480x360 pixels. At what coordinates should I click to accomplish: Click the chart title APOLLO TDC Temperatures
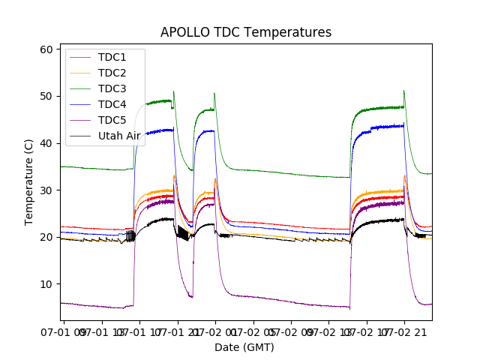coord(245,32)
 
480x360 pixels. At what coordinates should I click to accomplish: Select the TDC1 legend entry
coord(112,58)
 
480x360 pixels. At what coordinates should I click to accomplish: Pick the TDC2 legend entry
coord(112,73)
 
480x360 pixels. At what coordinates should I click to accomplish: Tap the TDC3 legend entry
coord(112,89)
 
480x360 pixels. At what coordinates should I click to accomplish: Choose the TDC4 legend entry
coord(112,105)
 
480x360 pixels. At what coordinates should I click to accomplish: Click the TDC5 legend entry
coord(112,121)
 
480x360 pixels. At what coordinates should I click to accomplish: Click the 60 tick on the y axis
coord(46,49)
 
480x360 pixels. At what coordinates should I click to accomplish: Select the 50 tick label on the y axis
coord(46,96)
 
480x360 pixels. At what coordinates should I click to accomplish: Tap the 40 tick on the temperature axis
coord(46,143)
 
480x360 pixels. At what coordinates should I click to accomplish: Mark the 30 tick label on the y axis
coord(46,190)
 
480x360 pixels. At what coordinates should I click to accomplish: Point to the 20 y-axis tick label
coord(46,237)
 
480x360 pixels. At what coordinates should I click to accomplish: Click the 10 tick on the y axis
coord(46,284)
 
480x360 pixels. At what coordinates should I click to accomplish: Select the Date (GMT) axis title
coord(244,347)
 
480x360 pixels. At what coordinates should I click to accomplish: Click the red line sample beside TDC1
coord(82,58)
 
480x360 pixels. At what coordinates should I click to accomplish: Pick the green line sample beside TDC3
coord(82,89)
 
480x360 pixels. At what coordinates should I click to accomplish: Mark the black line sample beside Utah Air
coord(82,136)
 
